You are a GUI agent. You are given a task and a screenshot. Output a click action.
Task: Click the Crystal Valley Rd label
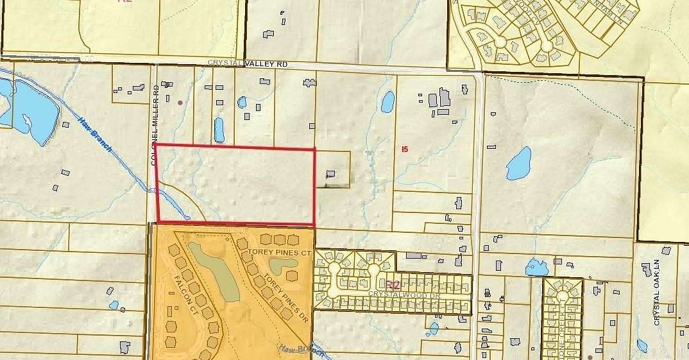coord(247,64)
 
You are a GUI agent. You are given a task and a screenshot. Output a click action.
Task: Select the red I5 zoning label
coord(404,149)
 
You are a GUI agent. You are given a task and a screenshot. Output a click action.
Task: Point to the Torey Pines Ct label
coord(280,253)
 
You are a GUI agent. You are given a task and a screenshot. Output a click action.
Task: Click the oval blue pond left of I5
coord(387,101)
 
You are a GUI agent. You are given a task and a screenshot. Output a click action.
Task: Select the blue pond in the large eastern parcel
coord(519,164)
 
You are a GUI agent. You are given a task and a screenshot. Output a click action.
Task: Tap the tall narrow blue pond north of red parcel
coord(219,130)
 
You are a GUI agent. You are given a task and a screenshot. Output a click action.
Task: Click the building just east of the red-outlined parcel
coord(331,174)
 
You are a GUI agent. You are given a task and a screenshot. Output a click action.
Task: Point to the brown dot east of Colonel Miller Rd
coord(180,102)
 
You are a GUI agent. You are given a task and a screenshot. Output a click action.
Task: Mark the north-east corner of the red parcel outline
coord(314,149)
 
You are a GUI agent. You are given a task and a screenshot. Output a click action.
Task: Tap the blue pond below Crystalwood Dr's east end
coord(434,329)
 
